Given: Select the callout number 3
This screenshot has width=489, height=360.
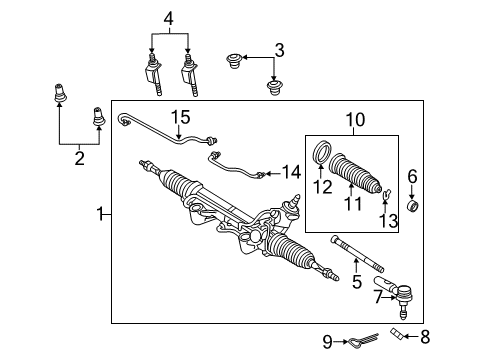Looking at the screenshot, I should pyautogui.click(x=279, y=49).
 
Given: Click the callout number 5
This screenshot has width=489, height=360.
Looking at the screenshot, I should pyautogui.click(x=357, y=283).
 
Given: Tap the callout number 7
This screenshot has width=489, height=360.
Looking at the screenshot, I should pyautogui.click(x=377, y=297).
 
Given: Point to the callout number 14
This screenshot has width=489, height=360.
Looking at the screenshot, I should pyautogui.click(x=290, y=172).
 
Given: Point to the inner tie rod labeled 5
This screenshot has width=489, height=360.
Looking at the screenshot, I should pyautogui.click(x=355, y=252).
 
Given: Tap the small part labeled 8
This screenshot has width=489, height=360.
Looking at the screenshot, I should pyautogui.click(x=401, y=334).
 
